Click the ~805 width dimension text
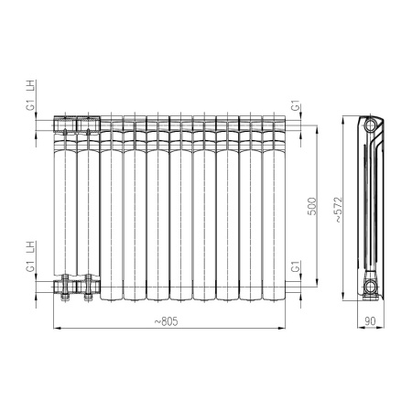click(x=166, y=320)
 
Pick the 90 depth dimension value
click(x=369, y=320)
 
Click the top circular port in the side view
click(x=370, y=124)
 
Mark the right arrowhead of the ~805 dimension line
click(x=283, y=327)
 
